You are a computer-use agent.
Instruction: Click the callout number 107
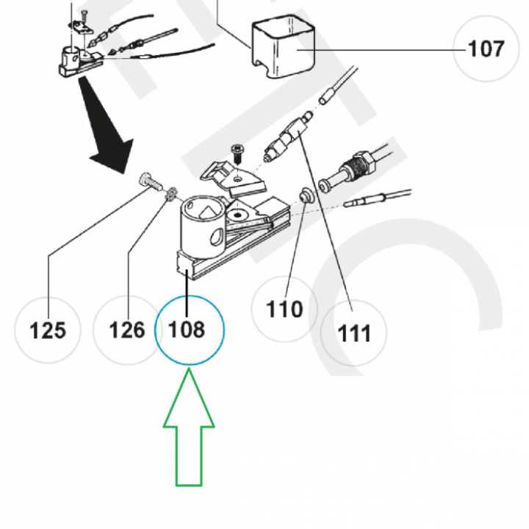coord(486,49)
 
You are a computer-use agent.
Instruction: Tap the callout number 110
coord(284,309)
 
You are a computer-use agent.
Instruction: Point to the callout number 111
coord(355,334)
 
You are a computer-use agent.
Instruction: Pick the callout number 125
coord(48,330)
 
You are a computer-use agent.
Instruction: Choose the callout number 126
coord(127,329)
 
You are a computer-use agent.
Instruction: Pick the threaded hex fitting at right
coord(356,165)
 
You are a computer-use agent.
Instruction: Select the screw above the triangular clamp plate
coord(238,153)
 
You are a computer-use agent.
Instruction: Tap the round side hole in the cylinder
coord(216,237)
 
